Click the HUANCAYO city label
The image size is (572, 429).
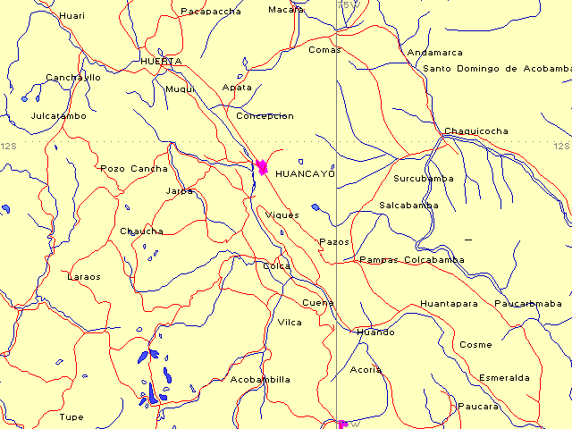305,173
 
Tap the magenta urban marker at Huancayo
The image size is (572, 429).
262,166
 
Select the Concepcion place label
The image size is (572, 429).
265,116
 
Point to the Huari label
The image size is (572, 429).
71,16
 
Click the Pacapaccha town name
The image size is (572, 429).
211,12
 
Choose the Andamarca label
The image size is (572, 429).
434,53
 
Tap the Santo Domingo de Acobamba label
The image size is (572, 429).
497,69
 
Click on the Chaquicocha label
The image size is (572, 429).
475,131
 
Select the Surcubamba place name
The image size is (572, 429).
423,179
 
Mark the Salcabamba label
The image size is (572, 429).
408,206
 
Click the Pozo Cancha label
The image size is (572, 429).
133,169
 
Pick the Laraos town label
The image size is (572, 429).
84,277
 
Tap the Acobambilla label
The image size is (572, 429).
260,380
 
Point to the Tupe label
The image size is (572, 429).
71,417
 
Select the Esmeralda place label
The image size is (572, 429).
504,378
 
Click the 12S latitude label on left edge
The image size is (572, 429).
9,146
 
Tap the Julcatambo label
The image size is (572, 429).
58,116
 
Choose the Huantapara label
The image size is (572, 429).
449,304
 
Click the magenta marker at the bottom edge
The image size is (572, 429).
342,424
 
